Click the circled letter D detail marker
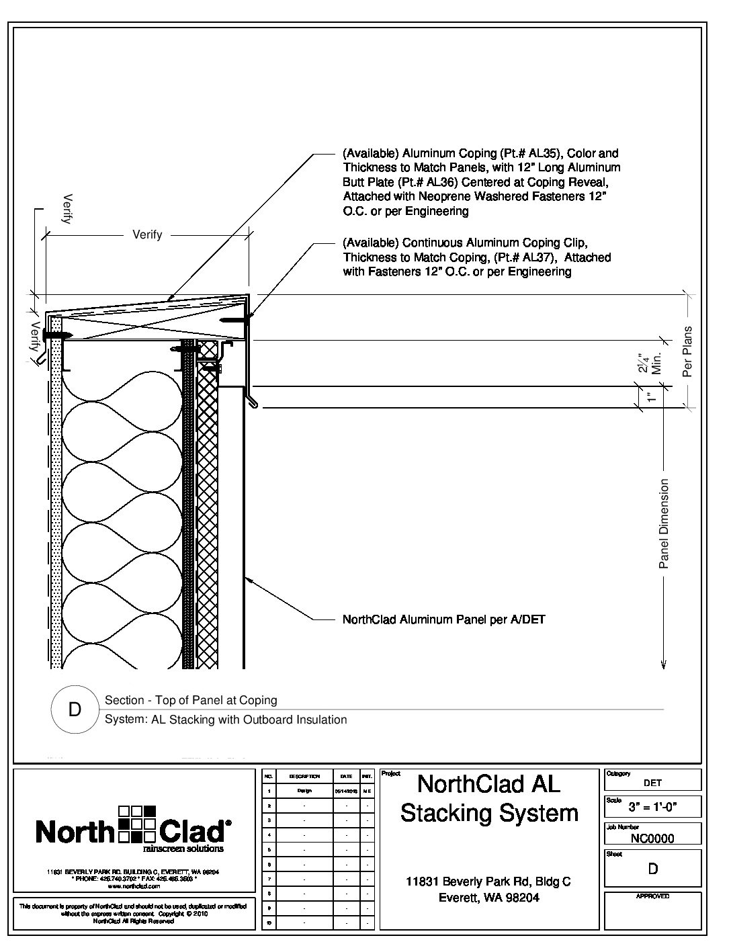click(x=75, y=709)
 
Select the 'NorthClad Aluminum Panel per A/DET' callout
click(x=443, y=619)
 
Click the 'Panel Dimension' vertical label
click(x=664, y=523)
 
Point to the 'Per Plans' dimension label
click(x=687, y=351)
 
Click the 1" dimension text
click(x=650, y=397)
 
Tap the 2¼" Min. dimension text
click(x=650, y=363)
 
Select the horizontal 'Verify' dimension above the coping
click(x=147, y=234)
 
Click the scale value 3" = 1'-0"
click(x=652, y=807)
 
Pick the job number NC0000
click(x=652, y=838)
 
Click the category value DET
click(x=652, y=783)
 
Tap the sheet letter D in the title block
click(x=652, y=869)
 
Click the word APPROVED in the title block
click(x=652, y=896)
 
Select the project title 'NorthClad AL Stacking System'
click(x=489, y=798)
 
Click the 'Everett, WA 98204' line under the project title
click(x=488, y=898)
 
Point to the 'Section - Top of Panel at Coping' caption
click(x=191, y=700)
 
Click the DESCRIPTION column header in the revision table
click(x=304, y=776)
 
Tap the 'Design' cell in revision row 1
click(x=304, y=791)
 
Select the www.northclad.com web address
click(x=132, y=886)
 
